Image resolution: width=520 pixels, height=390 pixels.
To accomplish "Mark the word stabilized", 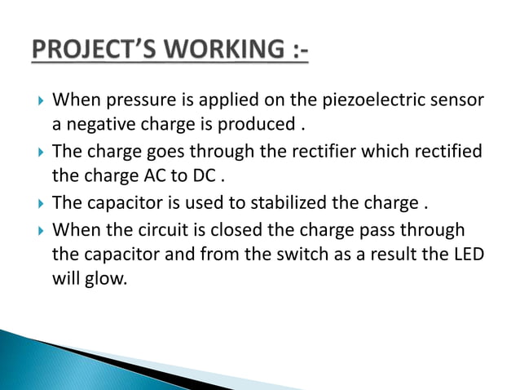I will [289, 202].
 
